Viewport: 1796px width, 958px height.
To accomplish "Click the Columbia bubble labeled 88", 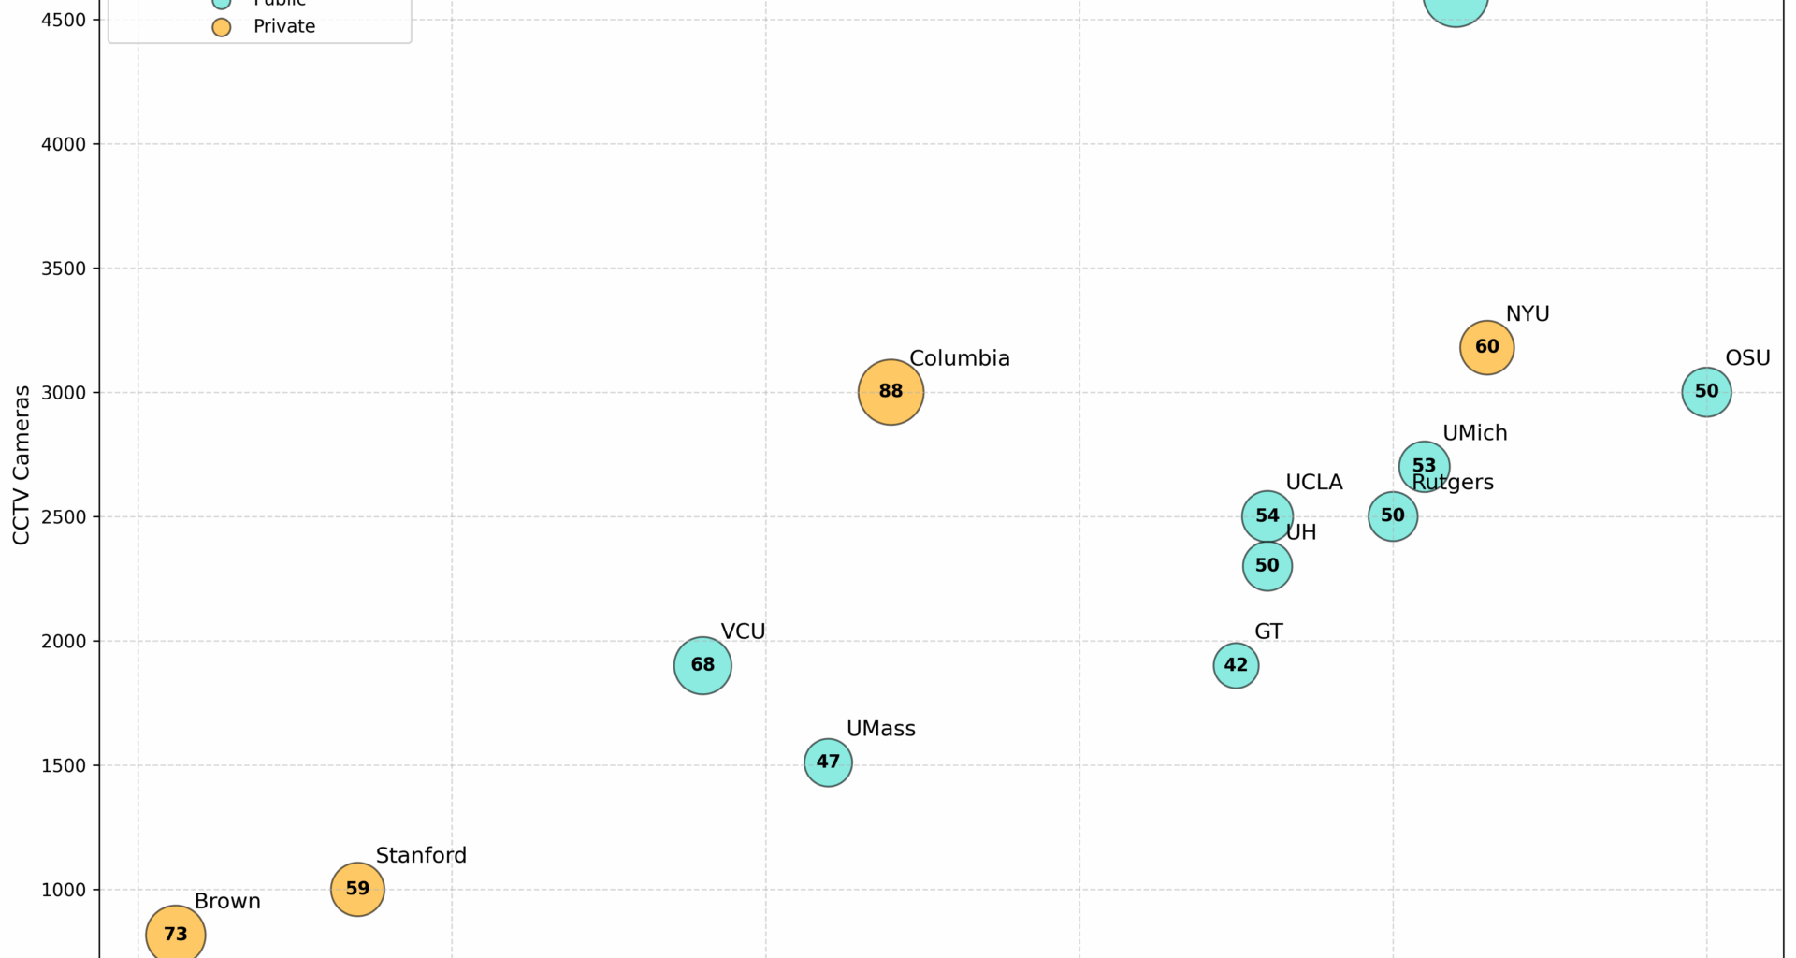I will coord(891,392).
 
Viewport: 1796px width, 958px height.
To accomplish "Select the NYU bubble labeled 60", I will coord(1486,347).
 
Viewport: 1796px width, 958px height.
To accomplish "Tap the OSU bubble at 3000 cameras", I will coord(1706,392).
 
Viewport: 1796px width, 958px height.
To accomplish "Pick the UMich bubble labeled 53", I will coord(1424,466).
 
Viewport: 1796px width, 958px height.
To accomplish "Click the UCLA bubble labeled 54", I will coord(1267,515).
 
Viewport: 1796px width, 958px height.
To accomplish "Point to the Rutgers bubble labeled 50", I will coord(1392,515).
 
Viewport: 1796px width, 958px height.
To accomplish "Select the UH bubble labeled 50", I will coord(1267,566).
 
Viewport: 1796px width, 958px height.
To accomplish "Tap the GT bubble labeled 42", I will coord(1236,665).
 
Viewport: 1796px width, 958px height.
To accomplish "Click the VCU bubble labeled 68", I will coord(702,665).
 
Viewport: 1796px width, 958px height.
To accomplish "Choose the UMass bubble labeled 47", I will coord(828,762).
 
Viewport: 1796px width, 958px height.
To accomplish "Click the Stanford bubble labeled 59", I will coord(357,889).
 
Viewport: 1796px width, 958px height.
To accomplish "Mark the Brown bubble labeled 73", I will coord(176,934).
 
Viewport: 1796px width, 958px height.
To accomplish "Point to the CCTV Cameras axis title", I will coord(22,465).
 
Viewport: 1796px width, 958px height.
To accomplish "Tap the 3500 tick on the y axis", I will coord(64,269).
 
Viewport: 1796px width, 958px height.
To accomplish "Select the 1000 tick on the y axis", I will coord(64,890).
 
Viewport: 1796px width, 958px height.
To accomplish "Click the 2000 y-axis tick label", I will coord(64,642).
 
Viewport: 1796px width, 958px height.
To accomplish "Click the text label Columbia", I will coord(959,358).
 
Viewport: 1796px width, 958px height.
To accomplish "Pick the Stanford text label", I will coord(421,855).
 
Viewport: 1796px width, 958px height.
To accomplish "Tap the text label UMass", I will coord(880,729).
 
